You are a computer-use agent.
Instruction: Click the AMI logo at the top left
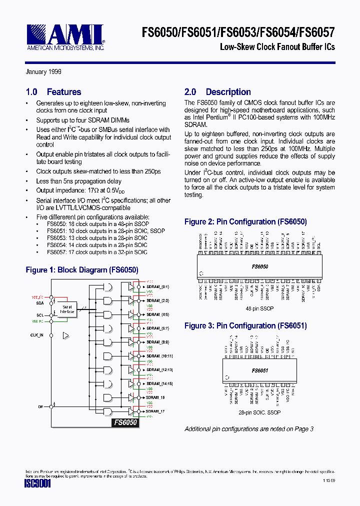[64, 37]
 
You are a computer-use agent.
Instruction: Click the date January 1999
[43, 72]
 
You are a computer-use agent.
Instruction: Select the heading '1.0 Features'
[53, 92]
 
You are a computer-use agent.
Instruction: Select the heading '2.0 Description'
[217, 92]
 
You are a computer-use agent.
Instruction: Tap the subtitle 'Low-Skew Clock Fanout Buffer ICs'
[277, 47]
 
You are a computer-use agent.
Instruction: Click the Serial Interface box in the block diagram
[67, 309]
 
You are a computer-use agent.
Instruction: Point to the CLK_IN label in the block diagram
[36, 335]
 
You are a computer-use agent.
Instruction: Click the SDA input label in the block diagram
[39, 303]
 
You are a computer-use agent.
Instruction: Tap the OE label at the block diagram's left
[40, 407]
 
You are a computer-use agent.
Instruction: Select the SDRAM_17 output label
[155, 411]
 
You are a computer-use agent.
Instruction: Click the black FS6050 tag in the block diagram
[124, 422]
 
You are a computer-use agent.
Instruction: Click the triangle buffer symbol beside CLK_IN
[65, 335]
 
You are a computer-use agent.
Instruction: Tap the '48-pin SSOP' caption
[259, 308]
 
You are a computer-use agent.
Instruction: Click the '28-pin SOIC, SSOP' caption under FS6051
[259, 412]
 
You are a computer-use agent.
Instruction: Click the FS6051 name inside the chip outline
[260, 371]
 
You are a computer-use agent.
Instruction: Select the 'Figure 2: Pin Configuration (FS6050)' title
[245, 221]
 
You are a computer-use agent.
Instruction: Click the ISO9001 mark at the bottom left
[37, 484]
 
